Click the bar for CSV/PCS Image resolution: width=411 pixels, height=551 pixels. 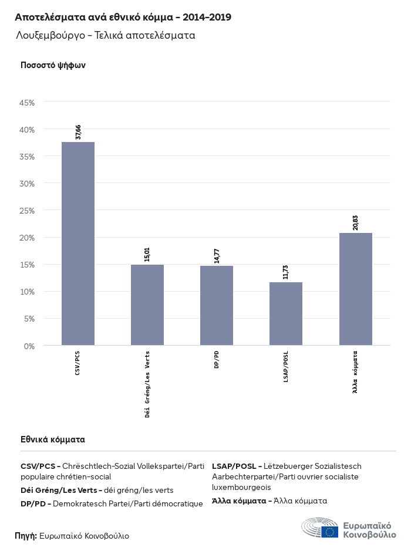pyautogui.click(x=78, y=244)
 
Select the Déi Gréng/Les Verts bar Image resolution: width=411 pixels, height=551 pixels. pyautogui.click(x=147, y=305)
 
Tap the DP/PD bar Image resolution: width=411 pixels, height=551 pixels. pyautogui.click(x=217, y=306)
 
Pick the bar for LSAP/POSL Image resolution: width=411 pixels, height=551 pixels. pyautogui.click(x=286, y=314)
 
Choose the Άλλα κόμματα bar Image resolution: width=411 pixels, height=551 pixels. pyautogui.click(x=356, y=289)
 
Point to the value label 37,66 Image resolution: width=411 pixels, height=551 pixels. pyautogui.click(x=78, y=132)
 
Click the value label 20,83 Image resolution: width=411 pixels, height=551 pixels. pyautogui.click(x=356, y=223)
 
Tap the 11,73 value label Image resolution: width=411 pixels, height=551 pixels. pyautogui.click(x=286, y=272)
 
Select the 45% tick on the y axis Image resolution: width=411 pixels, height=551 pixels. pyautogui.click(x=28, y=103)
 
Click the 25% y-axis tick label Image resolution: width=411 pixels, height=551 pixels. pyautogui.click(x=28, y=211)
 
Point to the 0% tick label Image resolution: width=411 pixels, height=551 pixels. pyautogui.click(x=29, y=346)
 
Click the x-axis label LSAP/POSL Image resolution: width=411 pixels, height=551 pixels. pyautogui.click(x=286, y=367)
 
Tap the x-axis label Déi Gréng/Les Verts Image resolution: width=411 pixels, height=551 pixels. pyautogui.click(x=147, y=384)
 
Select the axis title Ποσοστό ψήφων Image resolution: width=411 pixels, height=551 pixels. pyautogui.click(x=53, y=65)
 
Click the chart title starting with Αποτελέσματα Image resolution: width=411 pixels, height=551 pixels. pyautogui.click(x=123, y=17)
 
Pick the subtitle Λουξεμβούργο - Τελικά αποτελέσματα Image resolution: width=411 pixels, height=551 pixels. pyautogui.click(x=106, y=36)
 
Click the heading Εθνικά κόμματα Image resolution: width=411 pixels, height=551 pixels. pyautogui.click(x=53, y=439)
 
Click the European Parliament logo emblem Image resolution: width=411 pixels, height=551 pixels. pyautogui.click(x=320, y=528)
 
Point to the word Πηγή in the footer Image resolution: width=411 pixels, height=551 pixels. pyautogui.click(x=25, y=536)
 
